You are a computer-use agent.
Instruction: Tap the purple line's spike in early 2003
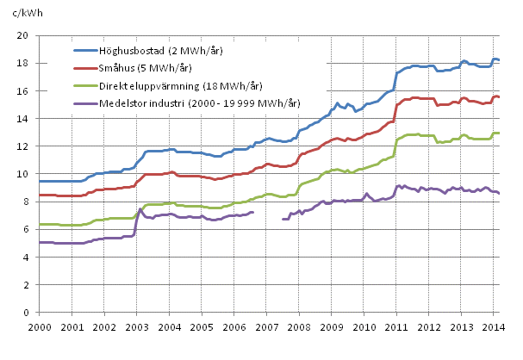click(x=140, y=209)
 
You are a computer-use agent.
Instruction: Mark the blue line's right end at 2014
click(x=499, y=59)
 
